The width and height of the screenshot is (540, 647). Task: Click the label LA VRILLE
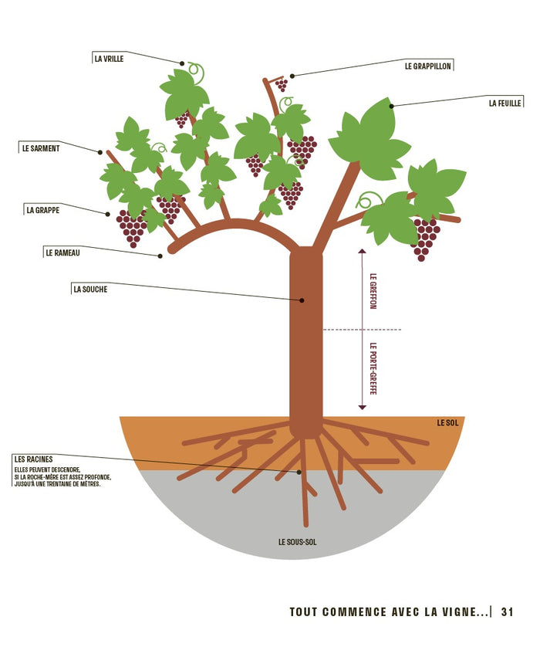109,58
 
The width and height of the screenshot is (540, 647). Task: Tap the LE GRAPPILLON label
428,66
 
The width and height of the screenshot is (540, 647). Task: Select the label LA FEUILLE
505,102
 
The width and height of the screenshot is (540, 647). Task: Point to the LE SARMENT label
41,147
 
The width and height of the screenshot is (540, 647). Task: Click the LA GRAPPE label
43,209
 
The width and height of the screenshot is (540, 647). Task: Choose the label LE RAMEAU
62,252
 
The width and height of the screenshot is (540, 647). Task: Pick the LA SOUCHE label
90,289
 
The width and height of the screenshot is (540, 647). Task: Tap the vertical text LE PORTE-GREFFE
373,370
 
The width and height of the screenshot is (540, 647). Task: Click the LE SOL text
447,422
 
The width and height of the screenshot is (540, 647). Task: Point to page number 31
507,611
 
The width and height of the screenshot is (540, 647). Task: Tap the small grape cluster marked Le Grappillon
282,83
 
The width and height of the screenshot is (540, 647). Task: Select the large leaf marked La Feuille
370,139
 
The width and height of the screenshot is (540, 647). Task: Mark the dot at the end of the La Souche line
302,300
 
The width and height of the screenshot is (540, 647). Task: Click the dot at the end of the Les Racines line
299,471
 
